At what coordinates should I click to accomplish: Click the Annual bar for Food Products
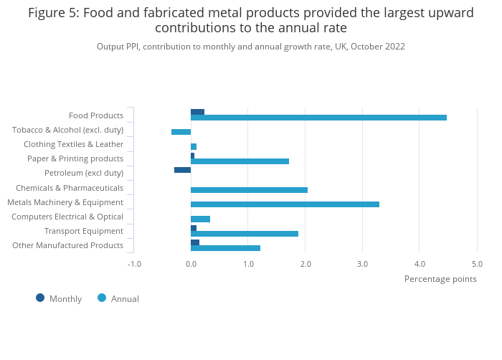[318, 118]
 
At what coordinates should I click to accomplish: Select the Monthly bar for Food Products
[197, 112]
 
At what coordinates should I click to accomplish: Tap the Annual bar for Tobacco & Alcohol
[181, 132]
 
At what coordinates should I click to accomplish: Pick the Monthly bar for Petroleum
[182, 170]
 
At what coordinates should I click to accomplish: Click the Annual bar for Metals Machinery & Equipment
[285, 204]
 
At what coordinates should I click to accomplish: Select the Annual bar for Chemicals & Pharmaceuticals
[249, 190]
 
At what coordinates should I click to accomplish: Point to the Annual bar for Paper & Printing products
[240, 161]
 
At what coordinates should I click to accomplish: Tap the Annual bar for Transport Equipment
[245, 234]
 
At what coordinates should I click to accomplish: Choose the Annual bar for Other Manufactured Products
[225, 248]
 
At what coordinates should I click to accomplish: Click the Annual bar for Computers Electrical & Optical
[200, 219]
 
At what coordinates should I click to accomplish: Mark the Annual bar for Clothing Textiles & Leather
[194, 146]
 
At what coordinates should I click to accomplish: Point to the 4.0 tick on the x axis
[420, 263]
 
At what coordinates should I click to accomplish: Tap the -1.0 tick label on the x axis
[133, 263]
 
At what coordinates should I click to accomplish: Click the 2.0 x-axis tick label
[306, 263]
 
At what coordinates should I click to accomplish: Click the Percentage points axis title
[440, 279]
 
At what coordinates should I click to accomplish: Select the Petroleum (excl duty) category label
[84, 173]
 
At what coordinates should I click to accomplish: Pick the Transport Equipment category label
[84, 231]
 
